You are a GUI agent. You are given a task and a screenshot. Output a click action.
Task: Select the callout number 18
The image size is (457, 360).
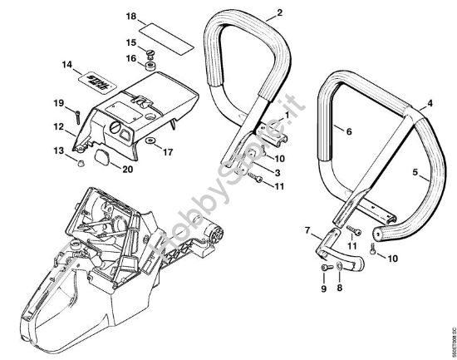(129, 16)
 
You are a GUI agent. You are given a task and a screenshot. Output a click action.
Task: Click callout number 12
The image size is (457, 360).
(59, 126)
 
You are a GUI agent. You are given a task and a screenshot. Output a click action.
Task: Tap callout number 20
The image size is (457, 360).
(127, 170)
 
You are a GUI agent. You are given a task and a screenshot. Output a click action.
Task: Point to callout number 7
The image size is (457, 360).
(307, 229)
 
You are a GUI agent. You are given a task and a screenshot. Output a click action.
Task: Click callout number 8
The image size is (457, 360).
(339, 288)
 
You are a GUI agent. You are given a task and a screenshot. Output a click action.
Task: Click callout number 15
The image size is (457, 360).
(130, 42)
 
